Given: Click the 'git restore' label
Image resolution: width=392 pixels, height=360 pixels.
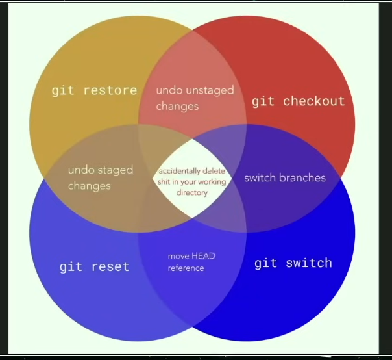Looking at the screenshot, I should [x=94, y=90].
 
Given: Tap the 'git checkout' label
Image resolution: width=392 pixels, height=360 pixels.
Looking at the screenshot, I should [x=298, y=101].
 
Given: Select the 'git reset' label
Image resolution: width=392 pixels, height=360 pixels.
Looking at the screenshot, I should [x=94, y=266].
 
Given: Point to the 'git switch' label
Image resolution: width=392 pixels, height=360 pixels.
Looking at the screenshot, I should [x=293, y=263].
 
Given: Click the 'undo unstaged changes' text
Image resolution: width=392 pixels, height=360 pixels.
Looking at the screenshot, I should [x=195, y=97].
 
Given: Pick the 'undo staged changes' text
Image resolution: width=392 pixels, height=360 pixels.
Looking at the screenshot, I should [x=100, y=177].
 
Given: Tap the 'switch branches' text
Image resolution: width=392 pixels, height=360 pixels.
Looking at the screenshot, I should [x=284, y=177].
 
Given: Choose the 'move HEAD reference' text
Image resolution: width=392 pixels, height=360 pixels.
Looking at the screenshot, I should [x=191, y=262].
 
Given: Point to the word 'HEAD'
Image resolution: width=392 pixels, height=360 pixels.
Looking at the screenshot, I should [x=203, y=257].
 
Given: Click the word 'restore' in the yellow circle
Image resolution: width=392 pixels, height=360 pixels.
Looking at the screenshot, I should [x=110, y=90].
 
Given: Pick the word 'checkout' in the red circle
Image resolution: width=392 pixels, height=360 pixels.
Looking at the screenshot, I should [x=313, y=101].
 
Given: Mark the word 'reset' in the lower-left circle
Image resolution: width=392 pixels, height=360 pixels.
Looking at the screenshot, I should [x=110, y=266].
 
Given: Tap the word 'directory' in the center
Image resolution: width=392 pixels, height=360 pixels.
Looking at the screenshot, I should [x=191, y=193].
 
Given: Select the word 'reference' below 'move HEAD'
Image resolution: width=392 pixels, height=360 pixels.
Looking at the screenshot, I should [x=186, y=268].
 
